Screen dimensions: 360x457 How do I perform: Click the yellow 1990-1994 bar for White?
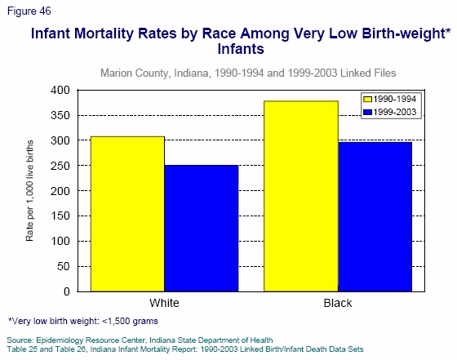coord(128,214)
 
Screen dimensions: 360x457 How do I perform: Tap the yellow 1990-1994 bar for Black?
coord(300,196)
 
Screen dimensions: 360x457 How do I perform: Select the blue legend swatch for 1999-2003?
coord(369,111)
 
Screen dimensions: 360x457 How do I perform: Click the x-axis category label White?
coord(165,303)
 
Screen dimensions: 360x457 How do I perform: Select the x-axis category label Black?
coord(337,303)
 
